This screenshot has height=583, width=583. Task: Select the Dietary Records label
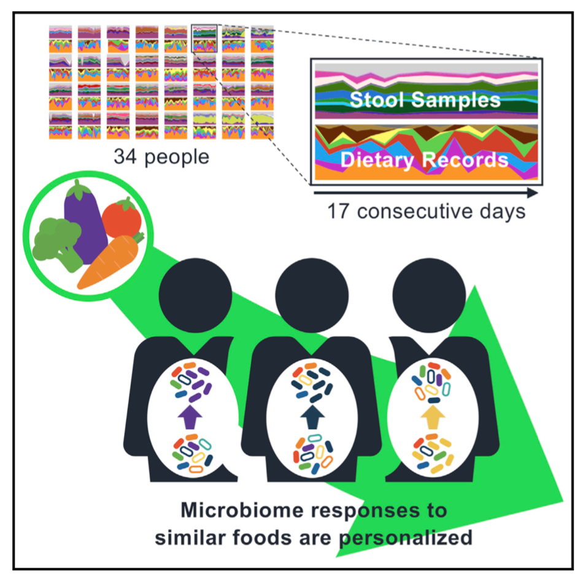[425, 160]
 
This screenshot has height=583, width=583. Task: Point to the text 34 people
[161, 157]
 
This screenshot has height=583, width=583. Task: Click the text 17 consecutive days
[427, 212]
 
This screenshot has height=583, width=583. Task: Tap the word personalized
[412, 538]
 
